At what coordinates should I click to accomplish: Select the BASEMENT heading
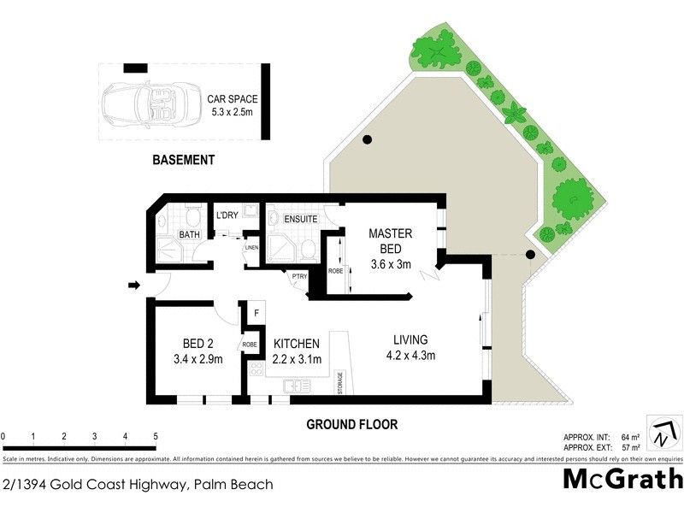(x=183, y=160)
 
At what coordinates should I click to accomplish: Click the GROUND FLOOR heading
(x=352, y=423)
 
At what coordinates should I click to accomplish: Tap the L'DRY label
(x=227, y=215)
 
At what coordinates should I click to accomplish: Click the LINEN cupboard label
(x=251, y=249)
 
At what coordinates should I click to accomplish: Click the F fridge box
(x=256, y=313)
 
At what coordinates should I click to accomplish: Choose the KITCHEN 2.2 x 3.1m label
(x=297, y=351)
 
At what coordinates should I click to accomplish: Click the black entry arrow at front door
(x=133, y=285)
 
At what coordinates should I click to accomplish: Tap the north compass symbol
(x=662, y=433)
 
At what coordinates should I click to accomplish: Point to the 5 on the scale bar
(x=156, y=437)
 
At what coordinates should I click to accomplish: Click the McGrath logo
(x=622, y=479)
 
